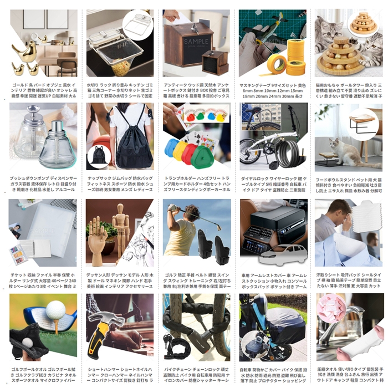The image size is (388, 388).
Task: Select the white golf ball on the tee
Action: tap(55, 310)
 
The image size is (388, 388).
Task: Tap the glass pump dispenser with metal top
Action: tap(58, 144)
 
